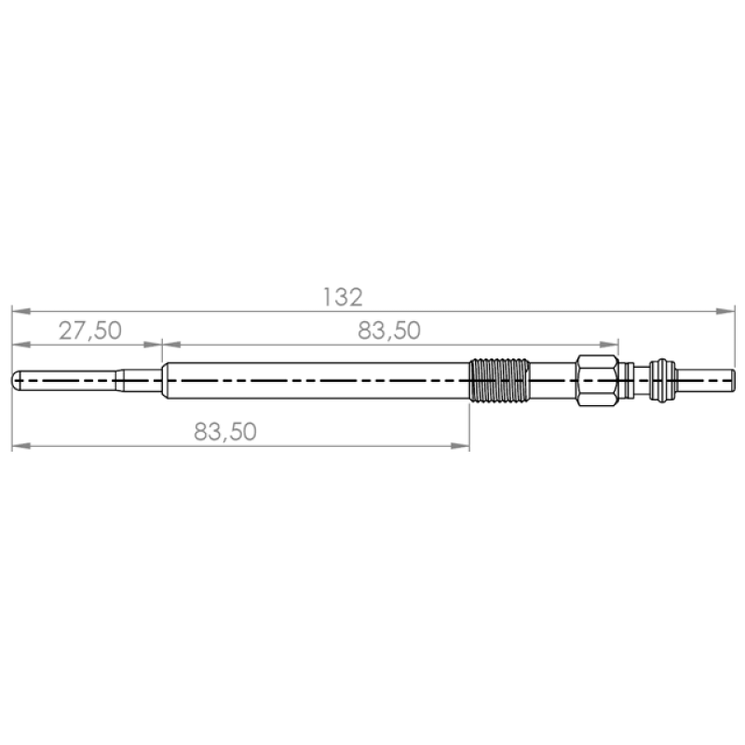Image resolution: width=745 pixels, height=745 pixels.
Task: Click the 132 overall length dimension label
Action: (343, 297)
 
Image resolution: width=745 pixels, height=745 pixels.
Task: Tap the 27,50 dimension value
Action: (90, 331)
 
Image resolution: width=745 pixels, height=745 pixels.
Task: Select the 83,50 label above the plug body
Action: (389, 331)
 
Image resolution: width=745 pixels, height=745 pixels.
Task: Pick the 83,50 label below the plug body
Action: (225, 431)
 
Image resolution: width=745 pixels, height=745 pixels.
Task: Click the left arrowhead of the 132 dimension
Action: (21, 311)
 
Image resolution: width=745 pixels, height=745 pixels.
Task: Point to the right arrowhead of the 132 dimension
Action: (725, 311)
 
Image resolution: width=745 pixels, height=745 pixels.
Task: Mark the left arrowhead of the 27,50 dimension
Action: (21, 345)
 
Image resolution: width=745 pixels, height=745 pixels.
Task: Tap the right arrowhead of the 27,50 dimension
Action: (153, 345)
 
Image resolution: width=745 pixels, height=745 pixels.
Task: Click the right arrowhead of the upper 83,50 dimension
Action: (609, 345)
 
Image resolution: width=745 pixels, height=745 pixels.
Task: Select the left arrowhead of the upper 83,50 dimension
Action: (171, 345)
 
